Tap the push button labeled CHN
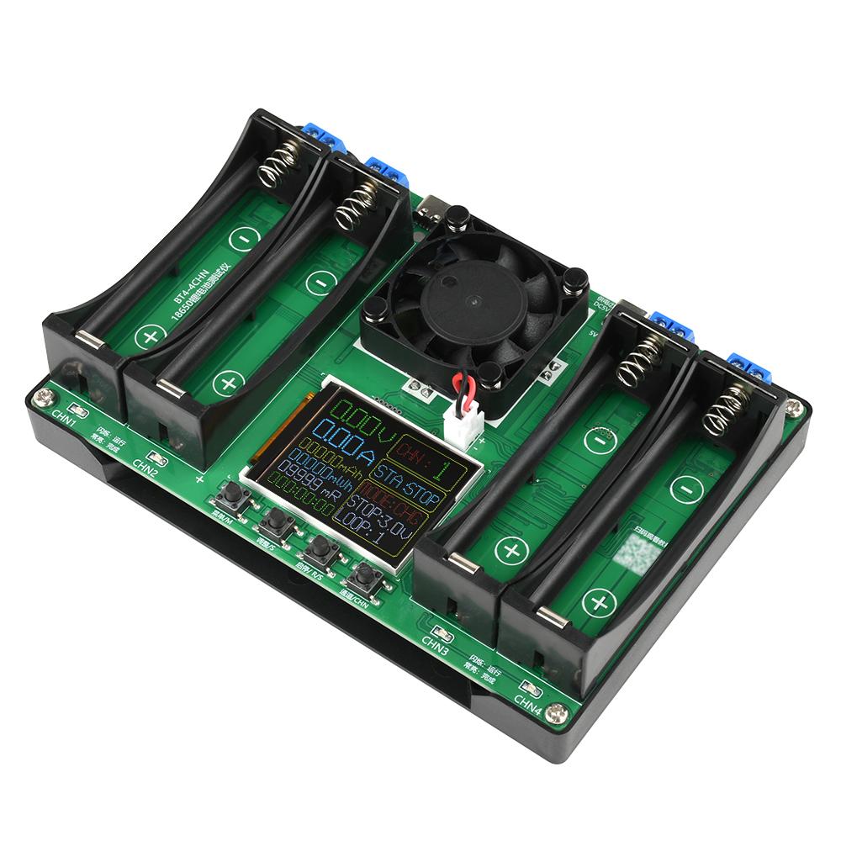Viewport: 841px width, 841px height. point(365,576)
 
